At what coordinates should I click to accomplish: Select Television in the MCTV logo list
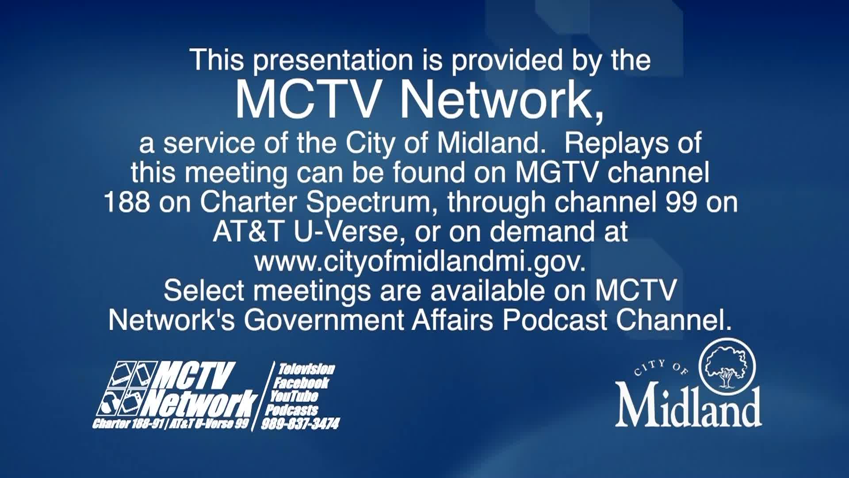point(306,369)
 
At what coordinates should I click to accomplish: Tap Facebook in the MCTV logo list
point(302,382)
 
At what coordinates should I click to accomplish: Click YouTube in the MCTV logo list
point(294,396)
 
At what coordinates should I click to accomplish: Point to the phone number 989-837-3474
point(301,424)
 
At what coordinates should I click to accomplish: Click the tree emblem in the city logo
point(727,366)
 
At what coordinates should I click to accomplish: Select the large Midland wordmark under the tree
point(688,406)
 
